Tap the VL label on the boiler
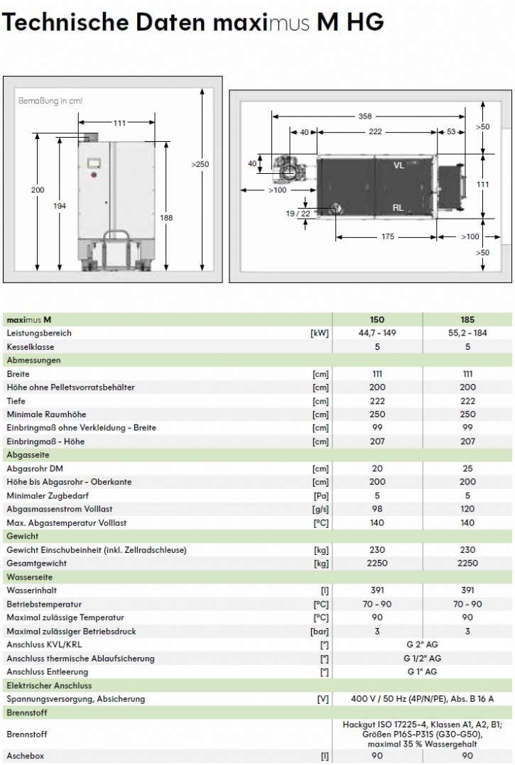click(399, 164)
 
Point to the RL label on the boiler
click(399, 207)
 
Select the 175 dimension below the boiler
click(387, 237)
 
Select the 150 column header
click(377, 320)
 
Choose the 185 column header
click(467, 320)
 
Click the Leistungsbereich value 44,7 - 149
click(377, 334)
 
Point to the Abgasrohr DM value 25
click(467, 468)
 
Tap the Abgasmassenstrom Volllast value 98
click(377, 509)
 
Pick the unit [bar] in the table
click(320, 631)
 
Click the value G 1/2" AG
click(422, 658)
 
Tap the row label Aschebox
click(25, 756)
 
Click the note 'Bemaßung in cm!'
click(50, 101)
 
